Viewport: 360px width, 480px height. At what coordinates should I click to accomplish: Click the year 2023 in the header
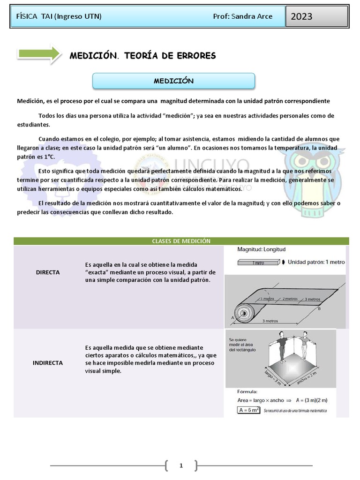pyautogui.click(x=301, y=17)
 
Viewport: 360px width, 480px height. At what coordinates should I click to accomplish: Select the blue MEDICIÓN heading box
pyautogui.click(x=173, y=81)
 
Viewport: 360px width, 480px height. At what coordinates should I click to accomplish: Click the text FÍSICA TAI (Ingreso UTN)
pyautogui.click(x=59, y=16)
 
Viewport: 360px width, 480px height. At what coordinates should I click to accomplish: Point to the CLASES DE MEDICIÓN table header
pyautogui.click(x=181, y=241)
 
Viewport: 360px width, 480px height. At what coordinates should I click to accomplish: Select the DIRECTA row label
pyautogui.click(x=48, y=272)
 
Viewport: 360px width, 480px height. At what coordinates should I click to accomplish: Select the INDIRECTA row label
pyautogui.click(x=48, y=363)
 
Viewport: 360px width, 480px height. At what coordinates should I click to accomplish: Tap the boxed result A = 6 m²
pyautogui.click(x=248, y=410)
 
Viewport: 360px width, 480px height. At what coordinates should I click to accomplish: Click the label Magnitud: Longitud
pyautogui.click(x=261, y=250)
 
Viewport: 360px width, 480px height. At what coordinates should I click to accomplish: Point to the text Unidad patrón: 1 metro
pyautogui.click(x=316, y=262)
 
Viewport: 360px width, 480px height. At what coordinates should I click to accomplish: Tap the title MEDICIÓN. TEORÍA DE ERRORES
pyautogui.click(x=142, y=56)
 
